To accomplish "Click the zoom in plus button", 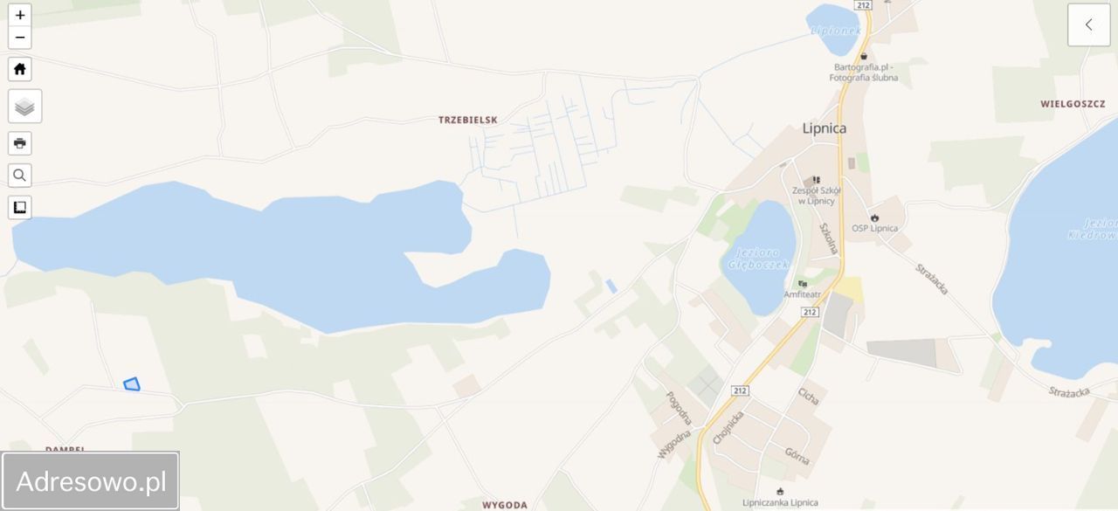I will pyautogui.click(x=20, y=15).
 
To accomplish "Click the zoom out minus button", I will pyautogui.click(x=20, y=38).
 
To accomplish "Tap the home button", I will pyautogui.click(x=20, y=69).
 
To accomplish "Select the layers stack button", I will pyautogui.click(x=24, y=107).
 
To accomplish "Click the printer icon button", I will pyautogui.click(x=20, y=143).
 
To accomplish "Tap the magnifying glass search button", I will pyautogui.click(x=20, y=176).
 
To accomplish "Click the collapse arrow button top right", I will pyautogui.click(x=1088, y=24).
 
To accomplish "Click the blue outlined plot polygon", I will pyautogui.click(x=132, y=383).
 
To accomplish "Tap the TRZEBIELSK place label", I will pyautogui.click(x=468, y=120).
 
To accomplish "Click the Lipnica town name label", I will pyautogui.click(x=824, y=128).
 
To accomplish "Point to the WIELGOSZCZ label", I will pyautogui.click(x=1073, y=104).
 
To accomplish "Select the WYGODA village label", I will pyautogui.click(x=505, y=505).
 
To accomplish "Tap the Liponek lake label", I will pyautogui.click(x=836, y=31).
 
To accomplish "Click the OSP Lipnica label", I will pyautogui.click(x=874, y=228).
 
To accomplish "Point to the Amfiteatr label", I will pyautogui.click(x=802, y=294).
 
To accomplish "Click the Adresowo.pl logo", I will pyautogui.click(x=91, y=481).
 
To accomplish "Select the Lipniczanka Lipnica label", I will pyautogui.click(x=780, y=502).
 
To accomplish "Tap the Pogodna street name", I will pyautogui.click(x=678, y=407).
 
